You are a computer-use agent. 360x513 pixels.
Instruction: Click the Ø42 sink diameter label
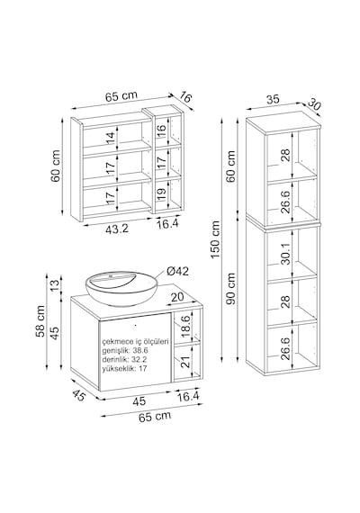tap(177, 271)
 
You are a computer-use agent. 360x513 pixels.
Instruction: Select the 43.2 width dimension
tap(117, 229)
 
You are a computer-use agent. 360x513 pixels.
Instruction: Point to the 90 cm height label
tap(231, 289)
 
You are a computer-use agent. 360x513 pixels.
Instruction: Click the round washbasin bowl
tap(121, 288)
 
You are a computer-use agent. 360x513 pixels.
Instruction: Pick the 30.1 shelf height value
tap(285, 253)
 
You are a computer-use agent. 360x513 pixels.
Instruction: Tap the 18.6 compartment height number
tap(185, 327)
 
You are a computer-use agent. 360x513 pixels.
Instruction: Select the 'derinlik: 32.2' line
tap(124, 360)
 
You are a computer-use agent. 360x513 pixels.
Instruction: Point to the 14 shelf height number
tap(112, 139)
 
